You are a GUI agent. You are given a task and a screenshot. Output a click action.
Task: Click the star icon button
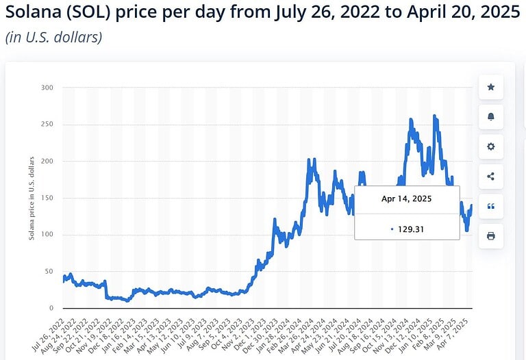[x=490, y=88]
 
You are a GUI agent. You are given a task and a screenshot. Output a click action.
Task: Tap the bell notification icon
[x=490, y=117]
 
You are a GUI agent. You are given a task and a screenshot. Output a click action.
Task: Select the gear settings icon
[x=490, y=146]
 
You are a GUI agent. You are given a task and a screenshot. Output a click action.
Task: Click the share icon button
[x=490, y=176]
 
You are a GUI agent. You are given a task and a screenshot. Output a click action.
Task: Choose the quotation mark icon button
[x=490, y=206]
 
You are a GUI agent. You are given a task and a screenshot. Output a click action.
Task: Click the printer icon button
[x=490, y=235]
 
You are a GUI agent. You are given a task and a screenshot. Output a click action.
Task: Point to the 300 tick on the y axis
[x=47, y=88]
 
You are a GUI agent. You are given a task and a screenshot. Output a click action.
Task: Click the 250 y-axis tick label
[x=47, y=125]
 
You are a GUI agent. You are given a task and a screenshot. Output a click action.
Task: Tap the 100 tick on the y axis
[x=47, y=235]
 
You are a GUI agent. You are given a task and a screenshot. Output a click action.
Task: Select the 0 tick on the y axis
[x=51, y=308]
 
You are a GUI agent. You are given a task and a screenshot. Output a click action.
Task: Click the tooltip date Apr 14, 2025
[x=407, y=198]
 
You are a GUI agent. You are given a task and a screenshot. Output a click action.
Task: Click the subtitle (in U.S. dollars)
[x=54, y=37]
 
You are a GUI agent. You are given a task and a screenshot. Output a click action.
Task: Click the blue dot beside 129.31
[x=392, y=229]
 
